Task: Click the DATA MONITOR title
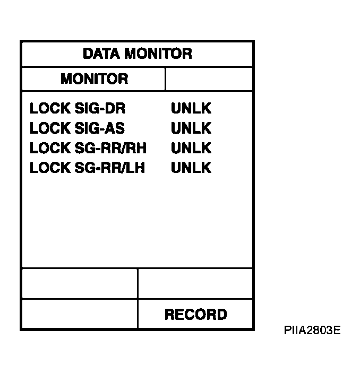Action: tap(138, 54)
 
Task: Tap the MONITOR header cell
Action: tap(93, 79)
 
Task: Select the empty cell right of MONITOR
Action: tap(209, 79)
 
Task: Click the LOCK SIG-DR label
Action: tap(78, 108)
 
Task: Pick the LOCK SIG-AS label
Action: tap(77, 128)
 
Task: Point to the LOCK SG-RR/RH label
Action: tap(88, 148)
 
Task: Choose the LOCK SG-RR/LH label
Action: tap(88, 168)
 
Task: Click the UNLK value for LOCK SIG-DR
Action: tap(191, 108)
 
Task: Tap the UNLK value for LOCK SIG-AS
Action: tap(191, 128)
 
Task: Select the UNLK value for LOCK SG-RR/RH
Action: tap(191, 148)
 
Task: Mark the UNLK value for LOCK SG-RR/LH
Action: tap(191, 168)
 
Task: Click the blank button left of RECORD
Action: tap(80, 314)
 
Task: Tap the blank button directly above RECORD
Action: tap(195, 283)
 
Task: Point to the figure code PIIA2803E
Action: tap(312, 330)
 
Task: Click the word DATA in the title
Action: tap(101, 54)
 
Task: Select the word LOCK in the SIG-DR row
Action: tap(50, 108)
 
